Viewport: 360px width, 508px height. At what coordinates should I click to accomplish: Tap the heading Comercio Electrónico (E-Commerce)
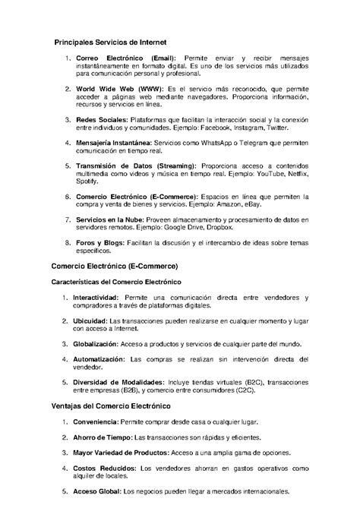[114, 267]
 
